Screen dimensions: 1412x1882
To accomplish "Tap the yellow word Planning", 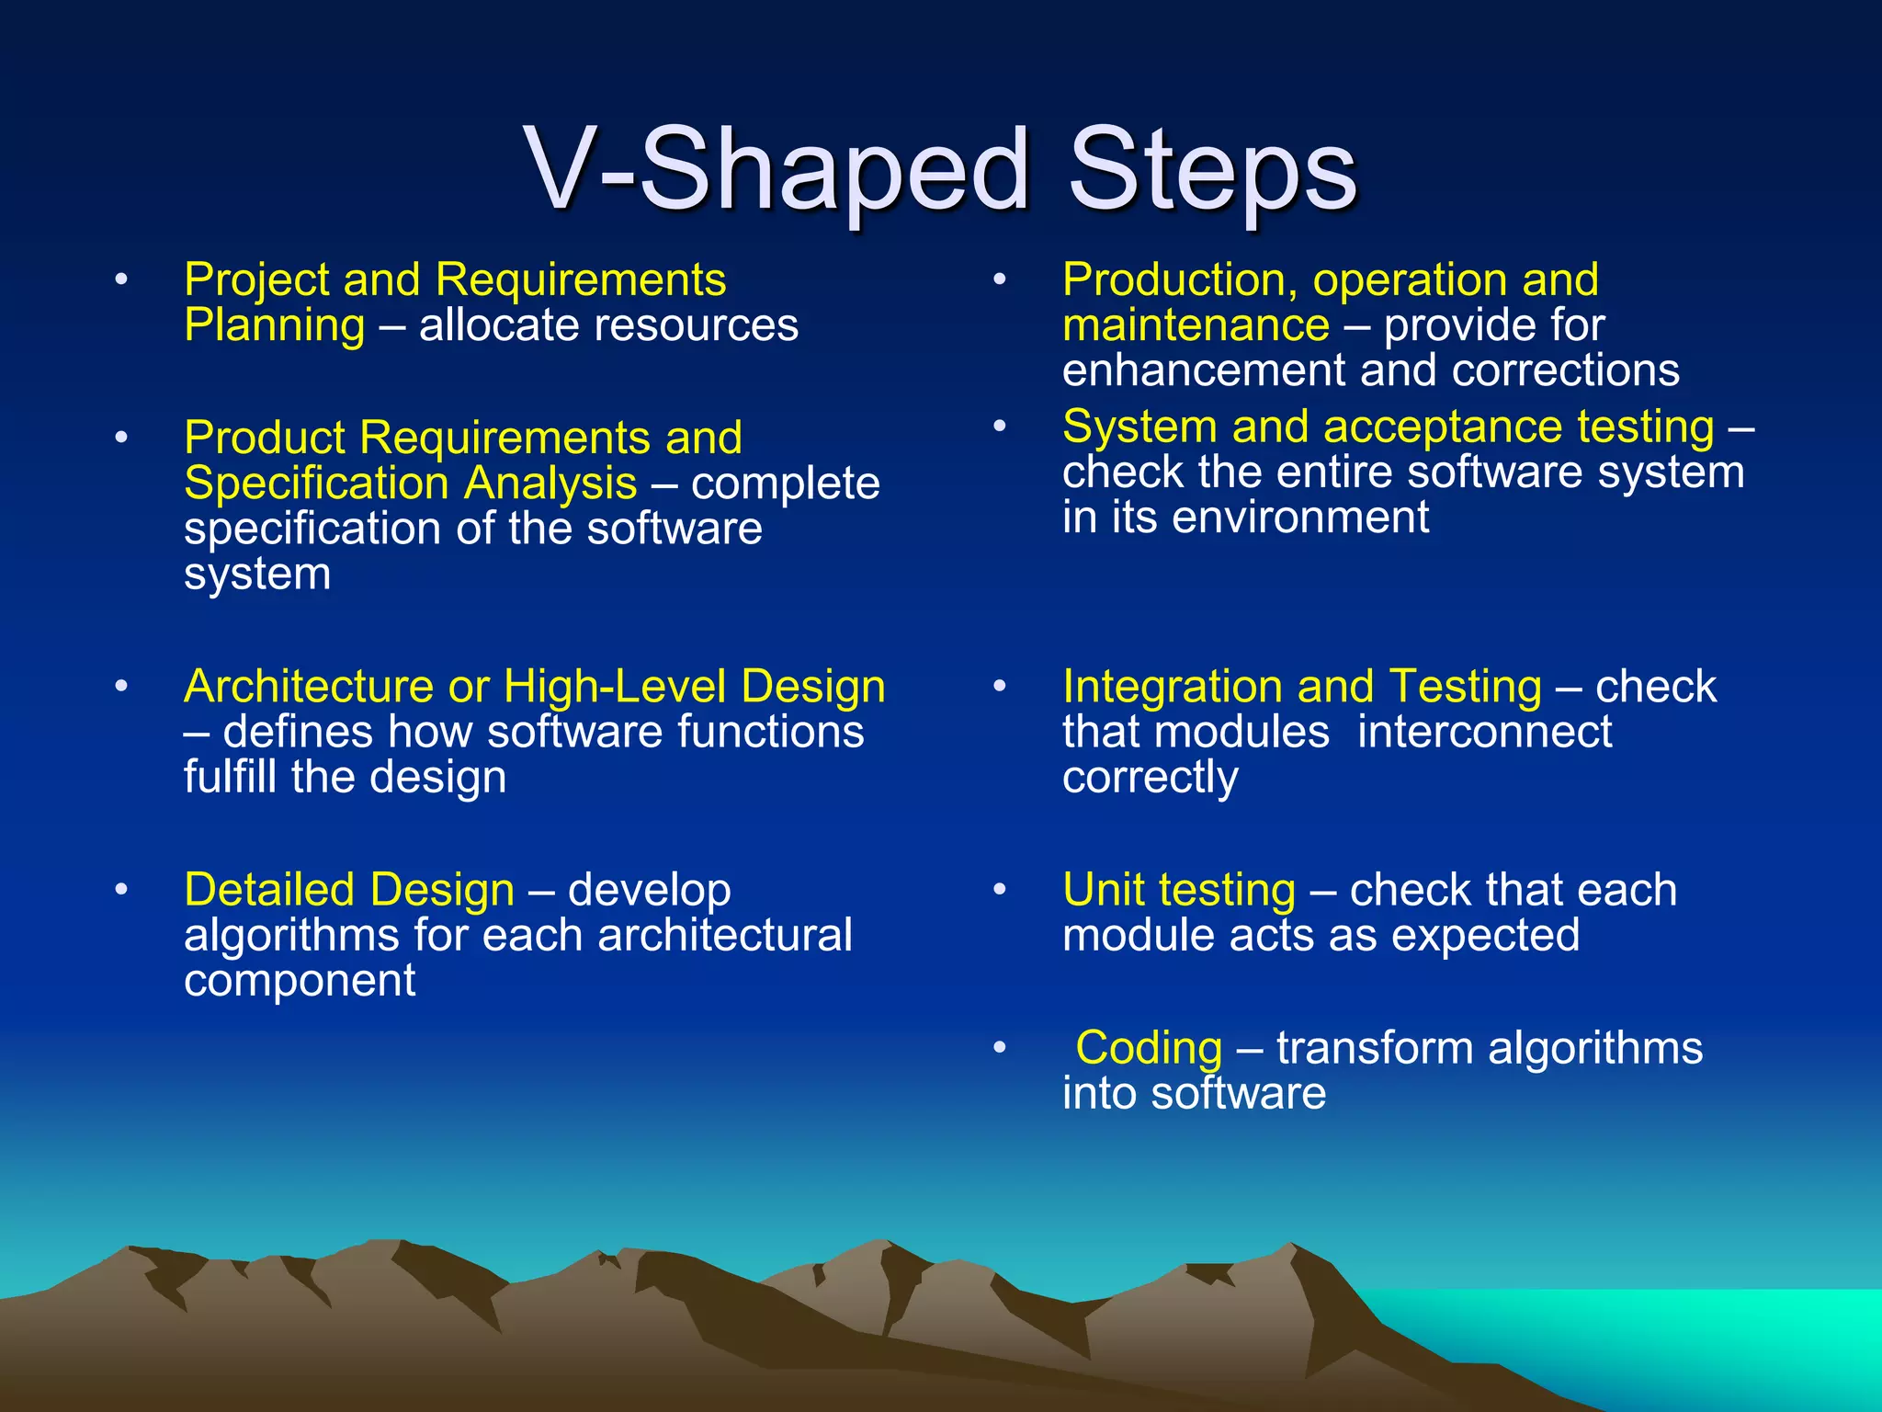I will point(274,326).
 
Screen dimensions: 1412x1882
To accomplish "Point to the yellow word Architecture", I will point(308,687).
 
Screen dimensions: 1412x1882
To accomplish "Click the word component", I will point(300,981).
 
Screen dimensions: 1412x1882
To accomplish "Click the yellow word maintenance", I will point(1196,325).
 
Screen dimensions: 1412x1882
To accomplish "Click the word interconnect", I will point(1484,733).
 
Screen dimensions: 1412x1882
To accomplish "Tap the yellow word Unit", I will point(1099,890).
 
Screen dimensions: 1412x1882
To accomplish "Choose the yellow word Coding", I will point(1149,1048).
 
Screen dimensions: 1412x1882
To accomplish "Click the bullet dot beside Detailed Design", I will point(121,890).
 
